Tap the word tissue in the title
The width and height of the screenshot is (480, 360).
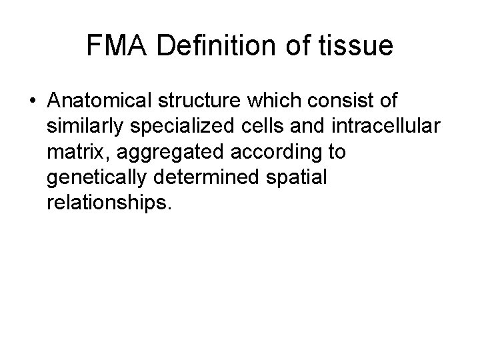(359, 47)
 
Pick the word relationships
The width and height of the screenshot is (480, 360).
(109, 203)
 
